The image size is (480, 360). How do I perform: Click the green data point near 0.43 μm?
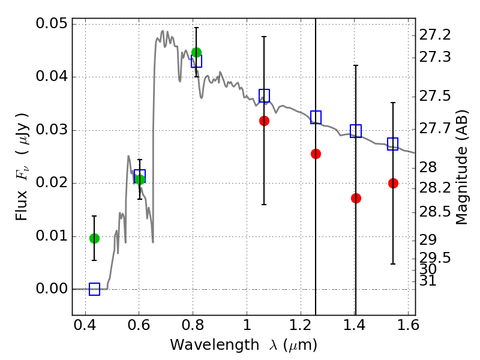94,238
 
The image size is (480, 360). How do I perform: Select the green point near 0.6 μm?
140,179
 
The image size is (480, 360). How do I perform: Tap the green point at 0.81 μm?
197,52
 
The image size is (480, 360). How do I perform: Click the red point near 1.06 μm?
264,121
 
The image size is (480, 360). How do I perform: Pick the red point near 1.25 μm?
316,154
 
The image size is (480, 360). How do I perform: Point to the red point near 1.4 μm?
356,199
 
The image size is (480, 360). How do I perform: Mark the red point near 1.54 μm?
393,184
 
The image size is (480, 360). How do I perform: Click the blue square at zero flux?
94,289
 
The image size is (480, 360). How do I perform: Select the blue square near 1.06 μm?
264,95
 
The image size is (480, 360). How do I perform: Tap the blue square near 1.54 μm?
393,144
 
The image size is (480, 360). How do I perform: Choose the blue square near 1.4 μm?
356,131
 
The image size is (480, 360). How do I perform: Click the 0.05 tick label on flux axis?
52,23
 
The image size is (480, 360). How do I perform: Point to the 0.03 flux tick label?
52,130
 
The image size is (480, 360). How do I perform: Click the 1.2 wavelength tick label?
301,325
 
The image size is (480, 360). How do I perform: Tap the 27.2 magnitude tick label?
434,35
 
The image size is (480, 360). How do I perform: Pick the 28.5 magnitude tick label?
434,212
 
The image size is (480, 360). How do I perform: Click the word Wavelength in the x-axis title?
215,345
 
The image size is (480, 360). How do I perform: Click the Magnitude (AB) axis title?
462,167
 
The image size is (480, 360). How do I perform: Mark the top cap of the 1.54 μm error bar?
393,103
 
